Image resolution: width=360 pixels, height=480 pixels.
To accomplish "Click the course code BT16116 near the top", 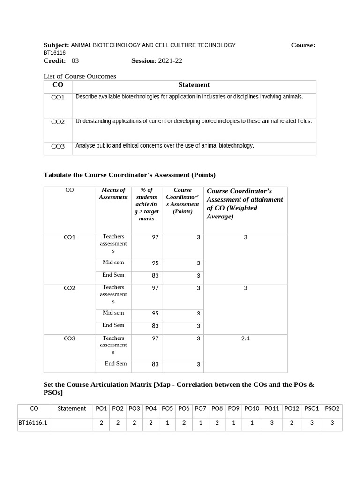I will click(x=54, y=53).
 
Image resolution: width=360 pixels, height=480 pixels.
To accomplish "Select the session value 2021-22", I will click(x=170, y=61).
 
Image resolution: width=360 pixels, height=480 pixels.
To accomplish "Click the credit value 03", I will click(x=75, y=61).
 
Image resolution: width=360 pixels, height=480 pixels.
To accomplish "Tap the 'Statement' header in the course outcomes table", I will click(x=194, y=85).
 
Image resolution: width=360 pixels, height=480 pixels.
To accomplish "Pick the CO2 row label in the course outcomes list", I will click(x=58, y=122).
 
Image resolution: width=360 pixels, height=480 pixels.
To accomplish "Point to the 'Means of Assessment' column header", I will click(x=113, y=194).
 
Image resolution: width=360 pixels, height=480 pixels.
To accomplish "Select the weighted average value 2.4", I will click(x=245, y=338).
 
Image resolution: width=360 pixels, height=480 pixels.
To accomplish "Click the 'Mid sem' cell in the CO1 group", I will click(x=113, y=262).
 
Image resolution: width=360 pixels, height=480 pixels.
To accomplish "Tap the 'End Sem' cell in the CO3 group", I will click(x=115, y=363).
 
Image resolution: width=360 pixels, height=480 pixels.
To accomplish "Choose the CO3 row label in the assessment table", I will click(x=69, y=338).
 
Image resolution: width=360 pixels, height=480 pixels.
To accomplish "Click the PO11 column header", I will click(x=271, y=408).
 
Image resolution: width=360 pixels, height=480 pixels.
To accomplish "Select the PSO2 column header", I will click(x=332, y=408).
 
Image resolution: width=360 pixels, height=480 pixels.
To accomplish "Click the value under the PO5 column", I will click(x=167, y=422).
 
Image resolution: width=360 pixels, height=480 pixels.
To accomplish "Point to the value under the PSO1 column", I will click(x=311, y=422).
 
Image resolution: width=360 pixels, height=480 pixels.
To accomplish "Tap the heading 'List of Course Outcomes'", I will click(x=80, y=76).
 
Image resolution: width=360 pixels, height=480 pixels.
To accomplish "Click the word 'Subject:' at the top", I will click(x=56, y=45).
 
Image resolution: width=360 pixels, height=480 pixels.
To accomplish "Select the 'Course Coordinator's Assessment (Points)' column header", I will click(x=182, y=201).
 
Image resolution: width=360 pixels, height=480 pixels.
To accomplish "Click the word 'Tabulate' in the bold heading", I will click(x=59, y=175).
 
